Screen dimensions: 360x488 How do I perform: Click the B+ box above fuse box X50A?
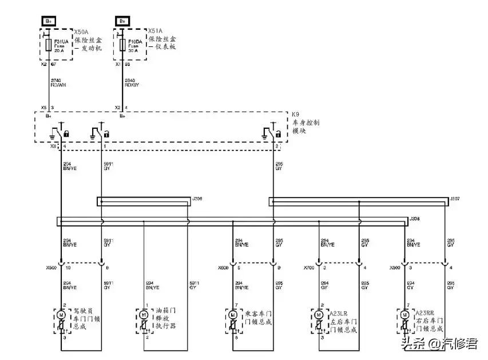(49, 21)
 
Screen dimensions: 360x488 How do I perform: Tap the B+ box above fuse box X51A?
(122, 21)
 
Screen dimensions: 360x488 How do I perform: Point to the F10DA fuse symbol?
(121, 44)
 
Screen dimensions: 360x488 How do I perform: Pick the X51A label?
(155, 30)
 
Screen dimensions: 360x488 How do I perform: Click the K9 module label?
(295, 114)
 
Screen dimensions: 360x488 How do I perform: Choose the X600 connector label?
(224, 267)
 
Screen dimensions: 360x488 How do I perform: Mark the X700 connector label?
(311, 267)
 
